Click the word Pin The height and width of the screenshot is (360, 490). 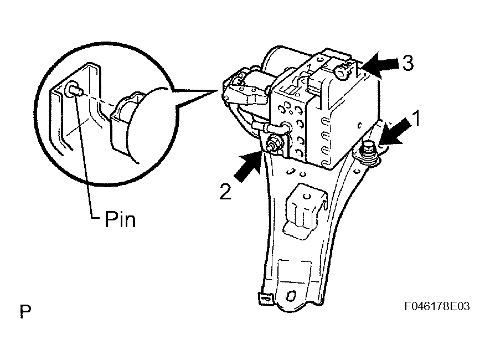[120, 220]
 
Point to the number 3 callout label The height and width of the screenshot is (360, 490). [406, 63]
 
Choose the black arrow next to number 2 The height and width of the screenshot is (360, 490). [247, 167]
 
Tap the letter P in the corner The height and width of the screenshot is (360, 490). [25, 311]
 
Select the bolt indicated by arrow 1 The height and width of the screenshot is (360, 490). [368, 148]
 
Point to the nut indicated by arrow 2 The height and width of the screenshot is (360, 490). [272, 147]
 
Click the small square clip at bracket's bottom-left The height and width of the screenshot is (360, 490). [263, 298]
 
